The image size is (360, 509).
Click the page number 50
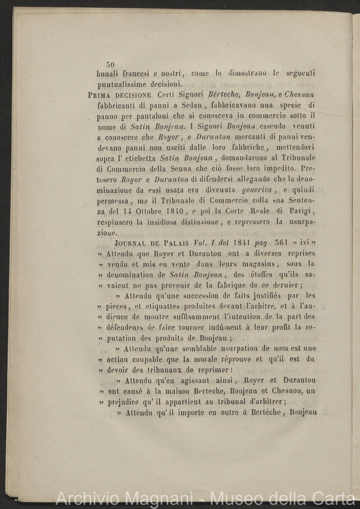click(111, 64)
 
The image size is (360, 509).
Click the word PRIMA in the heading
click(100, 94)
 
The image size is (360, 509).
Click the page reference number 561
click(281, 243)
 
